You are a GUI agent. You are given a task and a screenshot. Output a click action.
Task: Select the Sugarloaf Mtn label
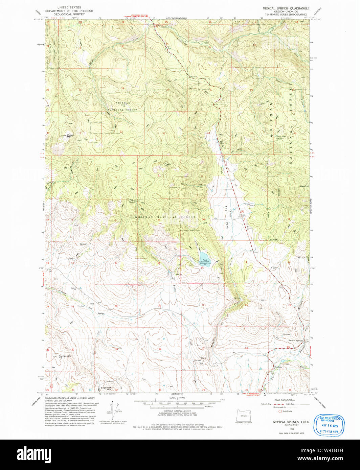pos(106,388)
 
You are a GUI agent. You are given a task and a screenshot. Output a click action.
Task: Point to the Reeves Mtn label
pos(71,136)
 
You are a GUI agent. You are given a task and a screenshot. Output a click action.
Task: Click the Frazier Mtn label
pos(168,165)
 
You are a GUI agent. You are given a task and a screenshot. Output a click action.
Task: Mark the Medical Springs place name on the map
pos(295,340)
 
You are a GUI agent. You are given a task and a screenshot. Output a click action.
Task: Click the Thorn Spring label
pos(132,201)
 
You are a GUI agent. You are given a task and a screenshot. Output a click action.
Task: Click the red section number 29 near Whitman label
pos(122,88)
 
